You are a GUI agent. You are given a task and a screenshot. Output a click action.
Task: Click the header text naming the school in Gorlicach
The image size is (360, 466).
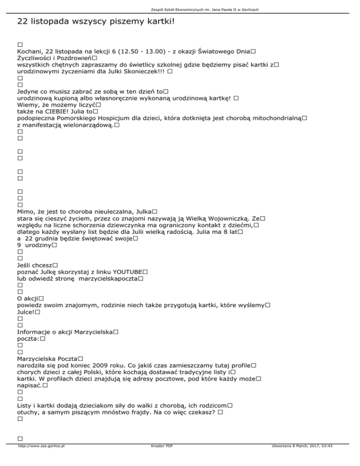click(x=180, y=9)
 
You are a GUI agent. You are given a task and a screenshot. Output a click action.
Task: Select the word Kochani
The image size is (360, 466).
click(x=30, y=51)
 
